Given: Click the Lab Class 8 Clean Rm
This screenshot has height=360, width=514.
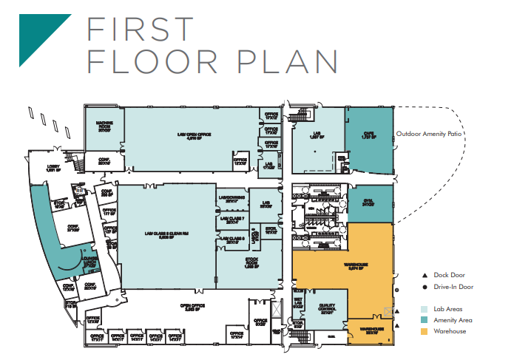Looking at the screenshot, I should [x=166, y=237].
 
